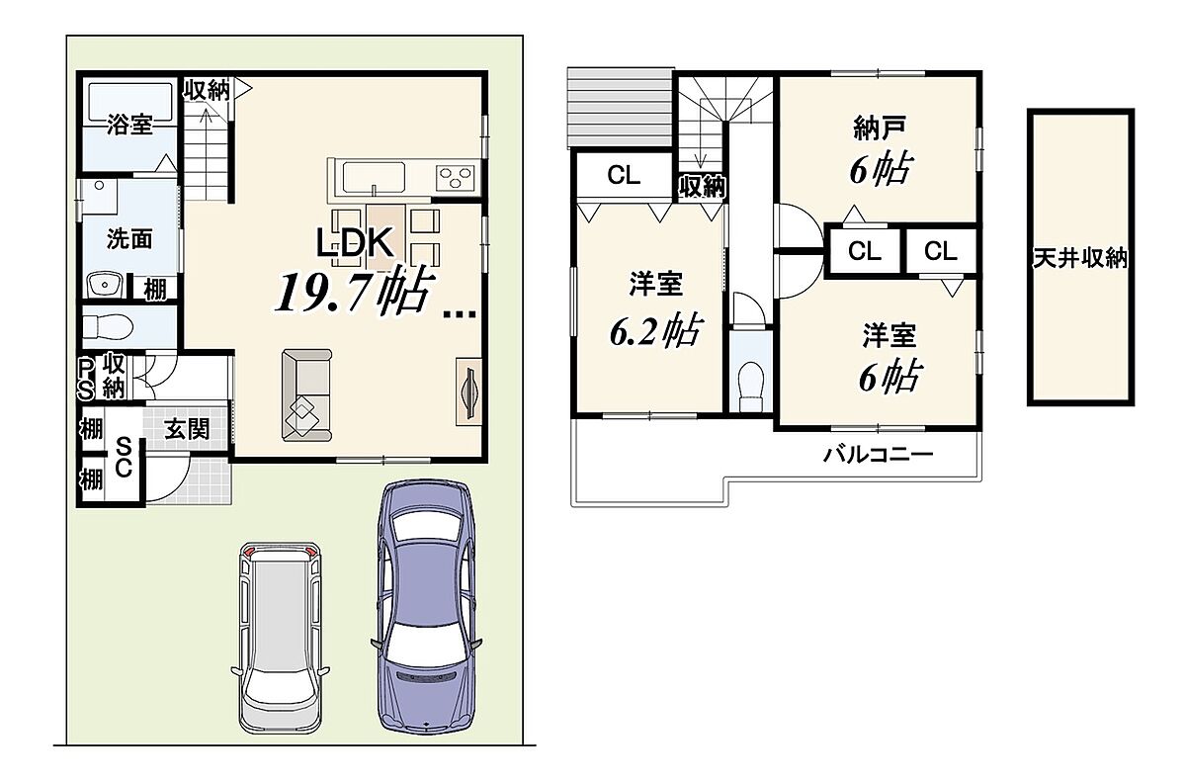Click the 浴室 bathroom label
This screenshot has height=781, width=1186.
129,125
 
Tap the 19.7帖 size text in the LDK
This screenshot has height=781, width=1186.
352,292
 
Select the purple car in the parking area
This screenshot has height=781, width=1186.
426,607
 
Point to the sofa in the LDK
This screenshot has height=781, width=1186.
307,395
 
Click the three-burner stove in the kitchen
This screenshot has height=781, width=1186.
455,177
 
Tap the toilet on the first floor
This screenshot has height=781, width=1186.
108,325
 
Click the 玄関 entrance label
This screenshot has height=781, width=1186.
187,429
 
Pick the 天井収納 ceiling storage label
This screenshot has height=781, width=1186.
1080,258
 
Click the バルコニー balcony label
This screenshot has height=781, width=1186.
878,455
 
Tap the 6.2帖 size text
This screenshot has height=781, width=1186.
656,330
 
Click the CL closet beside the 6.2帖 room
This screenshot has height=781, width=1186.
624,175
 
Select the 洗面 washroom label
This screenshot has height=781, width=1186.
129,239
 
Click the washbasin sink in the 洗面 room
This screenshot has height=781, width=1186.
105,286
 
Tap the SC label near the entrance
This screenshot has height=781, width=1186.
124,458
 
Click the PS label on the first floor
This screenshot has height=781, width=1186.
86,379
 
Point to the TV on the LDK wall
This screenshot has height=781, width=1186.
469,391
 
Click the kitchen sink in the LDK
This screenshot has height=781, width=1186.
374,177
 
